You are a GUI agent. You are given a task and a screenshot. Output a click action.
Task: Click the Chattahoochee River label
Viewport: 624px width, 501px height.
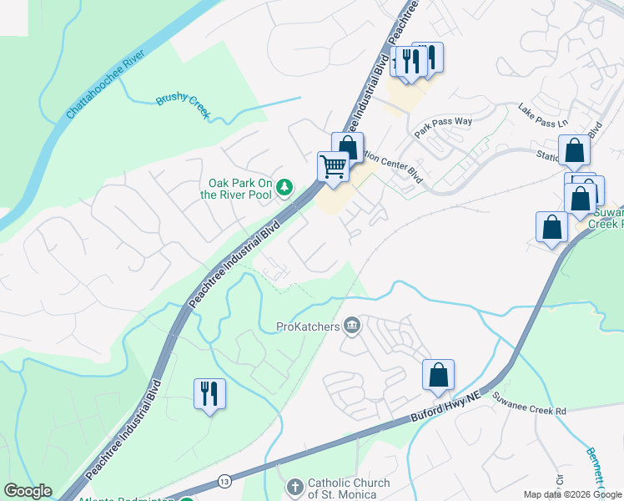(x=105, y=84)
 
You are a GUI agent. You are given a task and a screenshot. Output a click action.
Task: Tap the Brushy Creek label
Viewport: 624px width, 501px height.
(x=184, y=100)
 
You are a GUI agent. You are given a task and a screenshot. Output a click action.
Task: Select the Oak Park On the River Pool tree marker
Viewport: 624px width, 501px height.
(x=285, y=186)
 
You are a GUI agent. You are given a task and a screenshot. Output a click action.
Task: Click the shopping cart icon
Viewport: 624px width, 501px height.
(x=333, y=165)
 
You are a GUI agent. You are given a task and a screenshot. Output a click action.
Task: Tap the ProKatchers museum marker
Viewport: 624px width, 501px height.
(x=352, y=326)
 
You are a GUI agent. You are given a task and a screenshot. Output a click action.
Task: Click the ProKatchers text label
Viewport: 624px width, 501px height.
(x=309, y=326)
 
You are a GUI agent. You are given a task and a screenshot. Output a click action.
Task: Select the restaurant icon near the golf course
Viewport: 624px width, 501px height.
(x=208, y=393)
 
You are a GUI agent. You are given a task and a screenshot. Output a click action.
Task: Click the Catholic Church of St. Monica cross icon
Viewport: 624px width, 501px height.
(x=294, y=486)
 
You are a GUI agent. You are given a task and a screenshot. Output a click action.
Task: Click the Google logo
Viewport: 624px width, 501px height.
(x=28, y=491)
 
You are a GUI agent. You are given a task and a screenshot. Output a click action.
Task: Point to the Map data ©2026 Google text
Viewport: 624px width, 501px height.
(x=572, y=494)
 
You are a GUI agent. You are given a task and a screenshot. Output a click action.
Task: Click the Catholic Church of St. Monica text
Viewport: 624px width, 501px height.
(x=349, y=488)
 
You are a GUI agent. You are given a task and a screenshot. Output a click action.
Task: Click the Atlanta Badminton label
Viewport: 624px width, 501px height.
(x=125, y=499)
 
